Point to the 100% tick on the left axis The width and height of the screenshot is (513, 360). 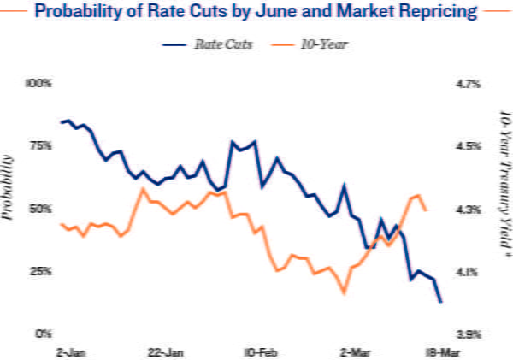pyautogui.click(x=39, y=84)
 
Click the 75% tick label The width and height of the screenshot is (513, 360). pyautogui.click(x=40, y=146)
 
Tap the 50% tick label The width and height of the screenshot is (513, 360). pyautogui.click(x=40, y=209)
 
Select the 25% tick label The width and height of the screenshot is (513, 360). pyautogui.click(x=40, y=271)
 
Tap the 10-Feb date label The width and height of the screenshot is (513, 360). pyautogui.click(x=259, y=351)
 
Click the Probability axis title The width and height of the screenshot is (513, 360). pyautogui.click(x=9, y=188)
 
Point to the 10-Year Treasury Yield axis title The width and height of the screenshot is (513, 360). pyautogui.click(x=504, y=183)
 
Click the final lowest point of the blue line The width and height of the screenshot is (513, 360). pyautogui.click(x=440, y=301)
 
